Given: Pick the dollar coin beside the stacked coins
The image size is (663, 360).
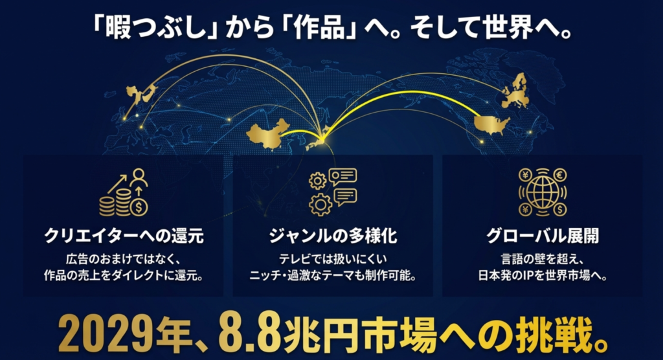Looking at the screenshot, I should tap(139, 207).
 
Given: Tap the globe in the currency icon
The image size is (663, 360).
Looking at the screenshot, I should tap(543, 192).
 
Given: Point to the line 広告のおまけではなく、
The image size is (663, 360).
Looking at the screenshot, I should tap(124, 258).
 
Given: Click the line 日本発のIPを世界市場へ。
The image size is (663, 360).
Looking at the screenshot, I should tap(542, 274).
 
